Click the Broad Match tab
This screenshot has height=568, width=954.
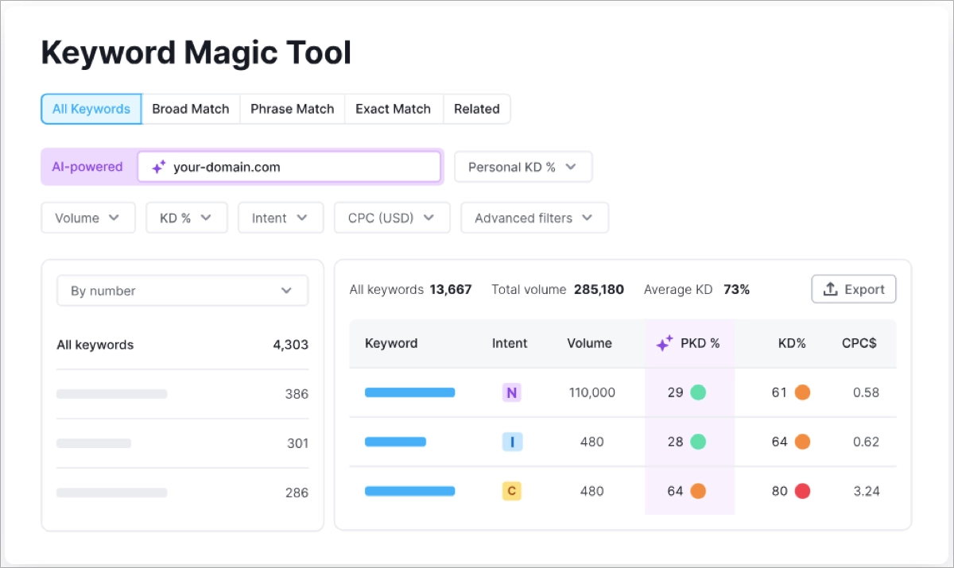[190, 109]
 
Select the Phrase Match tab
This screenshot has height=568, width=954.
[292, 109]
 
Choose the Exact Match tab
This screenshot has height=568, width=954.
[393, 109]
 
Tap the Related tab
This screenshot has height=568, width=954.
[476, 109]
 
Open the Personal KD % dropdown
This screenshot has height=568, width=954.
[523, 167]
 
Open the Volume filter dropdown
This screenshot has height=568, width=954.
[87, 218]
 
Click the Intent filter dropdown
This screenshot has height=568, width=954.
[280, 218]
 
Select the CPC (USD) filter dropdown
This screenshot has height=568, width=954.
[392, 218]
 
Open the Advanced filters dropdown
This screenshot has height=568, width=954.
[534, 218]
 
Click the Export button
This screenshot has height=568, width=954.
[853, 289]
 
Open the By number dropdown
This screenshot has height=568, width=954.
[182, 291]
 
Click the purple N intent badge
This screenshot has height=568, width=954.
[511, 392]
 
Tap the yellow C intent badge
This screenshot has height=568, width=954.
[511, 491]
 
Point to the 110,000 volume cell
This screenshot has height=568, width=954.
[591, 392]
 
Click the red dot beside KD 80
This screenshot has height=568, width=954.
[802, 491]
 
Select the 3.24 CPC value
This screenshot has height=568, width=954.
[866, 491]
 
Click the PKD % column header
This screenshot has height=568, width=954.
[689, 343]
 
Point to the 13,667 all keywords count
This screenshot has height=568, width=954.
[451, 290]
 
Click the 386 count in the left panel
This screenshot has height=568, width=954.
[297, 394]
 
